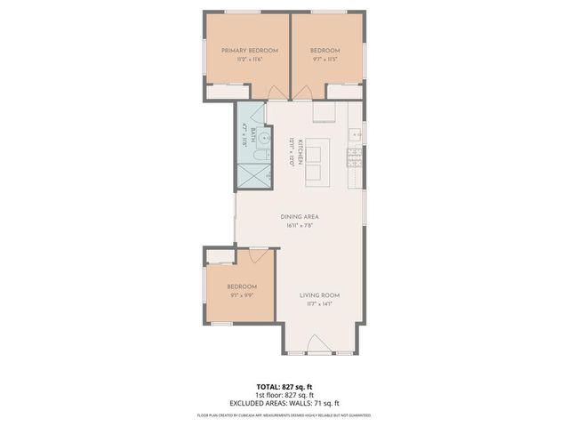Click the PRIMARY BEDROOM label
click(244, 51)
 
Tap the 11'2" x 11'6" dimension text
click(244, 60)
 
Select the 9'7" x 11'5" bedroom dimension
click(326, 60)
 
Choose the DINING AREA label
click(300, 217)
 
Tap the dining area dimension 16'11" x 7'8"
click(300, 226)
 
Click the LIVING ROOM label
click(319, 295)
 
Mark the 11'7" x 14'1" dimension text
click(319, 304)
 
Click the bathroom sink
click(252, 137)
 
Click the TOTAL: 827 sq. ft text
click(284, 387)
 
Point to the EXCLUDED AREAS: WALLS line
click(284, 403)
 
